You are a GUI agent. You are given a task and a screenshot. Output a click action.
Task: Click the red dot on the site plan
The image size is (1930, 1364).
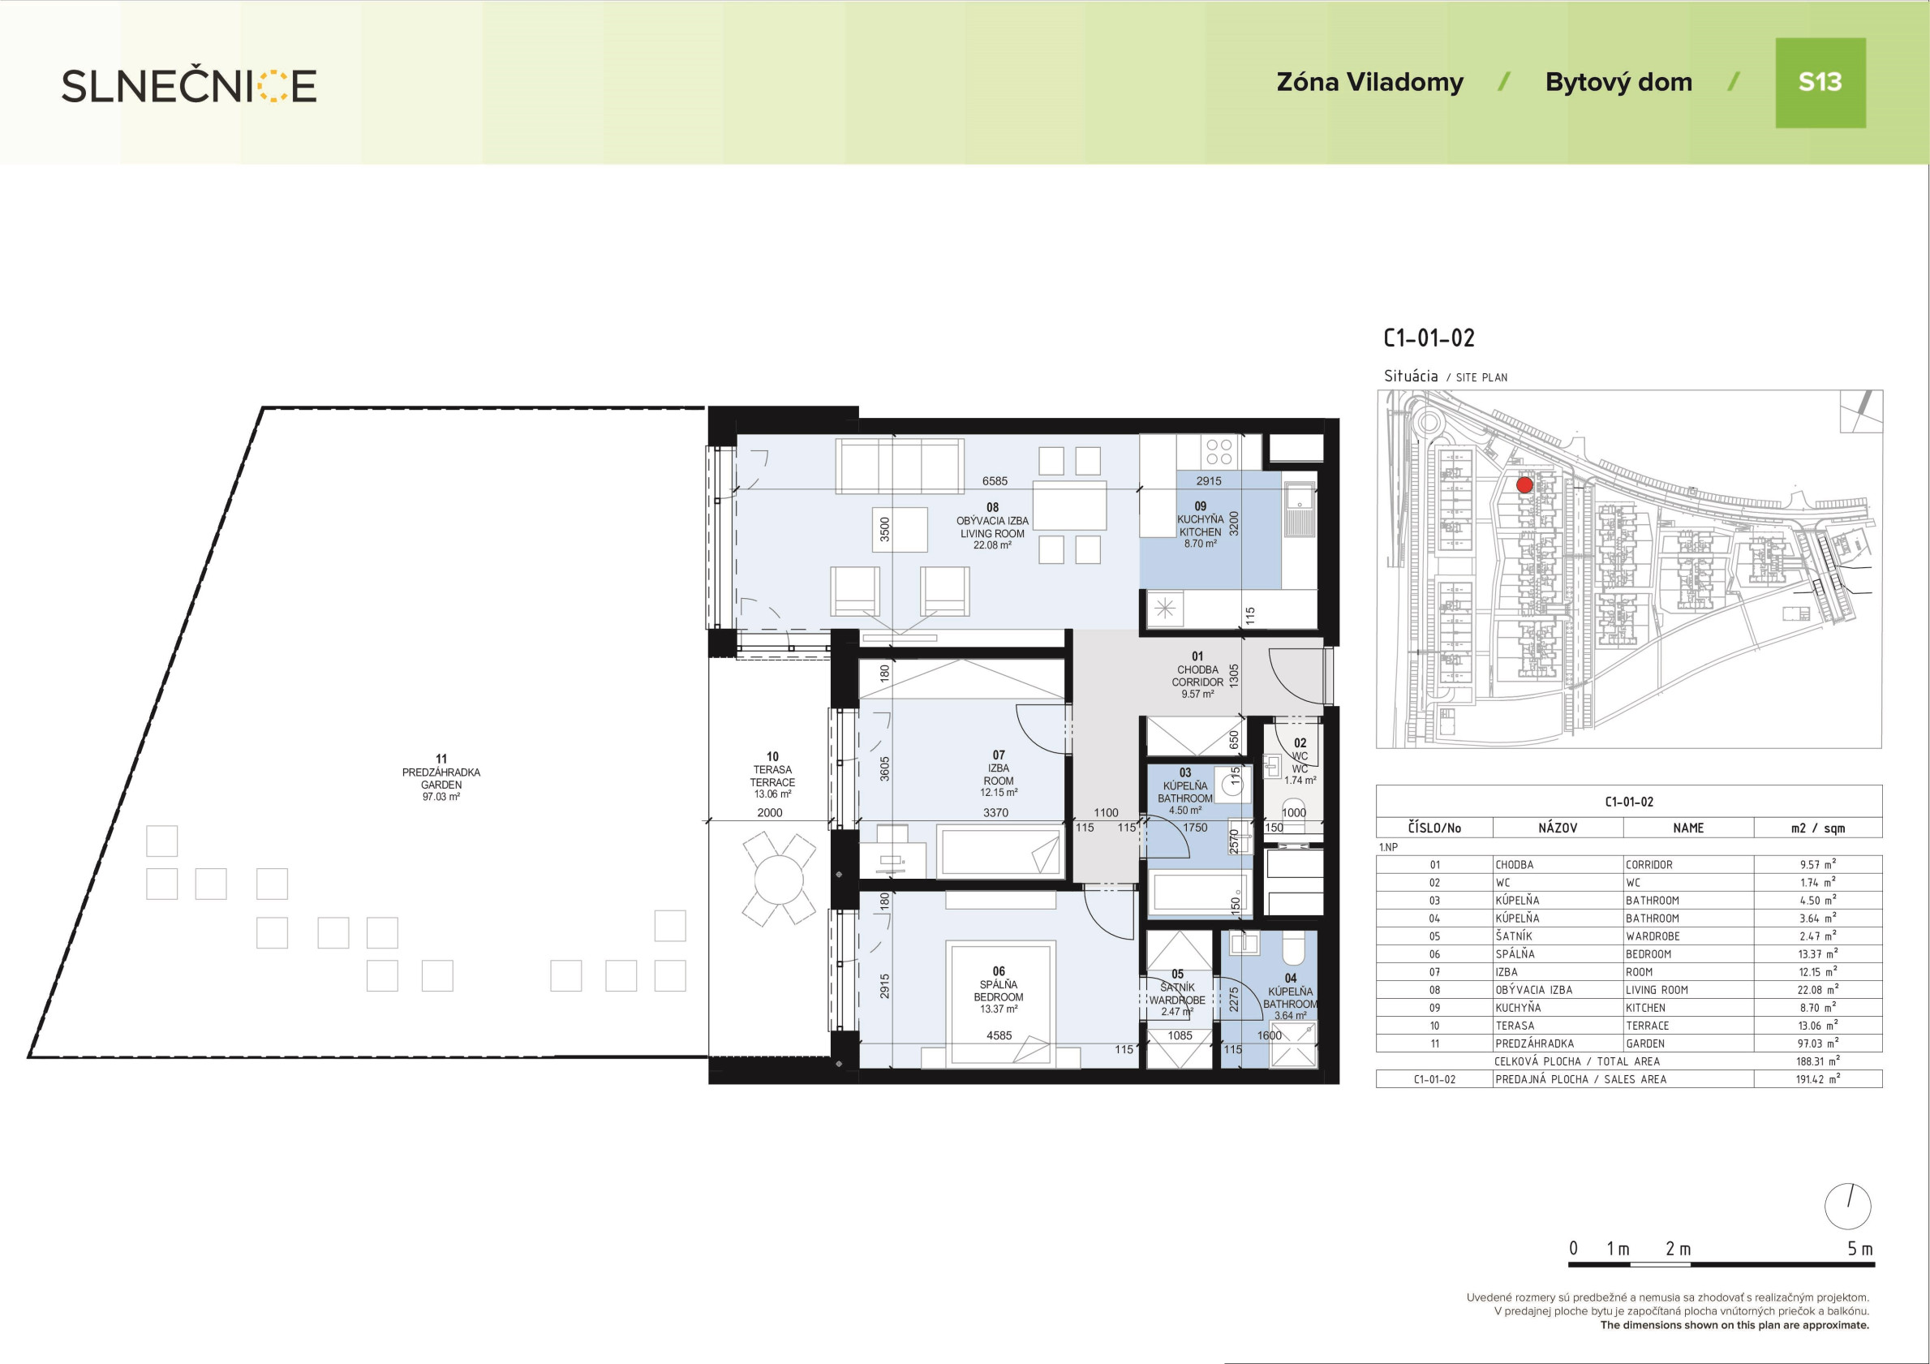click(1524, 485)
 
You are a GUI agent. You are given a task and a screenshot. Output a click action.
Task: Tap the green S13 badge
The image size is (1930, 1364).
click(1820, 83)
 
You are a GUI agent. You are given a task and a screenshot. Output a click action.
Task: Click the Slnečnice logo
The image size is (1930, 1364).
click(189, 86)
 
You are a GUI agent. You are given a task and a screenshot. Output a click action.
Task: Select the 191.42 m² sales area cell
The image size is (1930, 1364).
click(1817, 1079)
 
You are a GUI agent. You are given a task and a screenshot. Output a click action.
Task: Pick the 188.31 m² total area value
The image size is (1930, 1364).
click(1817, 1061)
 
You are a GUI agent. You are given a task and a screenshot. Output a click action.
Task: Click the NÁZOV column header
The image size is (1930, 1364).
click(1558, 828)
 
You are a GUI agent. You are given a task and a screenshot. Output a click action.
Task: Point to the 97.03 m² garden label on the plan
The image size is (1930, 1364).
click(441, 796)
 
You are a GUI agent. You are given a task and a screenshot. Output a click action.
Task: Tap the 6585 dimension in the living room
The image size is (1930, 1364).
click(995, 481)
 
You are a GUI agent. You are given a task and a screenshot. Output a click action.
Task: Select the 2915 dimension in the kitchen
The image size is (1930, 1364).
click(1209, 481)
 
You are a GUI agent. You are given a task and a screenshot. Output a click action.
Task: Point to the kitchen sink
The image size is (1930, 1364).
click(1300, 509)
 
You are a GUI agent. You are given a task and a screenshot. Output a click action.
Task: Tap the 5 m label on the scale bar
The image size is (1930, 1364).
click(1860, 1249)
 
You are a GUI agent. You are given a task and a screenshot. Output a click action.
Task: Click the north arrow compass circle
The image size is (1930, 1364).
click(1847, 1207)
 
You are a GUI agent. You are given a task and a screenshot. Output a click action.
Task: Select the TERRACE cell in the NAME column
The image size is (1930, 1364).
click(1648, 1026)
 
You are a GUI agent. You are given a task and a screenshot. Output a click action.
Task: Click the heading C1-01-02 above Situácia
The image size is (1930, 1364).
click(1429, 338)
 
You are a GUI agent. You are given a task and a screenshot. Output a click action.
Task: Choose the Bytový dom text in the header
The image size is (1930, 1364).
click(1619, 83)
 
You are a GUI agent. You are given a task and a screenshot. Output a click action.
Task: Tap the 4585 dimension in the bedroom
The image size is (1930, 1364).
click(999, 1036)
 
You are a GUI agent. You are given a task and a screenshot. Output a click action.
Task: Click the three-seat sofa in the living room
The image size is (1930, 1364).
click(900, 465)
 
